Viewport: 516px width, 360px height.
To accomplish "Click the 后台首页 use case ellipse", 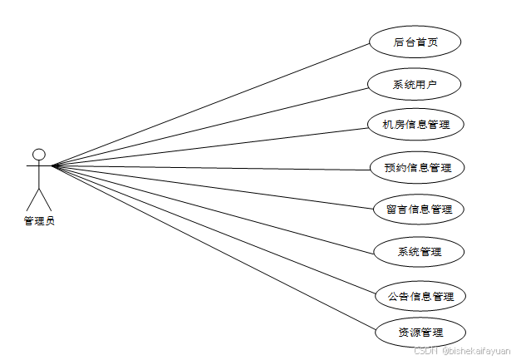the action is click(415, 42).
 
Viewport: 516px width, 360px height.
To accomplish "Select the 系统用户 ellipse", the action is click(415, 84).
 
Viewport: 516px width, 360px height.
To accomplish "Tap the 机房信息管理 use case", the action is click(415, 125).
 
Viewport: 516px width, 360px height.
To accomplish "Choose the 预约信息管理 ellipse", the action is click(417, 167).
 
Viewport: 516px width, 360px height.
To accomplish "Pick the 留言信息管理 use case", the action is click(418, 209).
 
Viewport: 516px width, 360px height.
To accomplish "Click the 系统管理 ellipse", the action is click(418, 251).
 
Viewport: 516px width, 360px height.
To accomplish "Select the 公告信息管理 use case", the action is click(420, 295).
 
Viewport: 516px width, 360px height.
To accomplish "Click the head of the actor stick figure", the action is click(38, 154).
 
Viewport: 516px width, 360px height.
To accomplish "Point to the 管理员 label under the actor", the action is click(39, 220).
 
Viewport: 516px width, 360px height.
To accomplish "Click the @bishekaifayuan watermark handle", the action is click(476, 352).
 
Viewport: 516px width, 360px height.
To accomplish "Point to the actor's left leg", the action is click(32, 199).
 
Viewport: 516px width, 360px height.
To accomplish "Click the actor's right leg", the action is click(45, 199).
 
